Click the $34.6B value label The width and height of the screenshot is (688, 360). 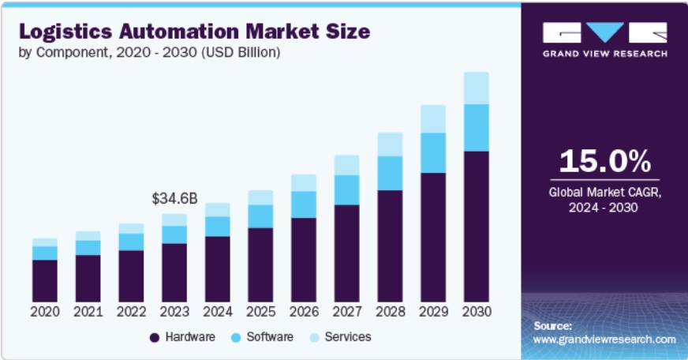pos(174,197)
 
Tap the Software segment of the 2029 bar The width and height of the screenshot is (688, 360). pos(432,152)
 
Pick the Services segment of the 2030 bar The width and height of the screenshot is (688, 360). pos(476,88)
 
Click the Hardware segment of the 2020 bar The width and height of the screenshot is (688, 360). pos(45,280)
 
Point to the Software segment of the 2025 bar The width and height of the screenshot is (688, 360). pos(260,216)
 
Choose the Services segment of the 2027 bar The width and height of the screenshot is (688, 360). pos(346,165)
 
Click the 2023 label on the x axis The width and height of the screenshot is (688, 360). pos(174,312)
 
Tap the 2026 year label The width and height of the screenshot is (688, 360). pos(303,312)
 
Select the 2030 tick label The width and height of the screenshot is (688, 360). pos(476,312)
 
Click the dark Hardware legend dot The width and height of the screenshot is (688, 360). pos(155,337)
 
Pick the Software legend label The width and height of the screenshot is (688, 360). pos(270,337)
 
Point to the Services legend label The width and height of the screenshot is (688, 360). pos(347,337)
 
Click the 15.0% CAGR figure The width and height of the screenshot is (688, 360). pos(605,161)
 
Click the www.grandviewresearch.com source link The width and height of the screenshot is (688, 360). pos(604,339)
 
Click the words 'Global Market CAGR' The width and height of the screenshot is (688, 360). pos(605,192)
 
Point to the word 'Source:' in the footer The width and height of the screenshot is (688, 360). pos(552,325)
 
